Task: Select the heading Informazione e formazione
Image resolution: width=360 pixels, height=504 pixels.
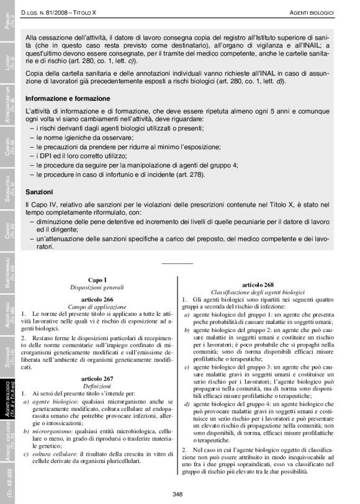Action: pyautogui.click(x=68, y=99)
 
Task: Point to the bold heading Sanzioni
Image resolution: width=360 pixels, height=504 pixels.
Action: pyautogui.click(x=39, y=192)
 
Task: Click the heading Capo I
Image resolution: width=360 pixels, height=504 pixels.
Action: pyautogui.click(x=97, y=280)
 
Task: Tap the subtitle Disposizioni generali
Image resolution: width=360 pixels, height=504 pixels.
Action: pyautogui.click(x=97, y=288)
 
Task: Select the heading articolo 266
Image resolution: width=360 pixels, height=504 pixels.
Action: pyautogui.click(x=97, y=300)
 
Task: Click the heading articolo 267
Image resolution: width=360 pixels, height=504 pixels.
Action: pyautogui.click(x=97, y=378)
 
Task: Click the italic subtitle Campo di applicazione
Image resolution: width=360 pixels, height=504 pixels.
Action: pyautogui.click(x=97, y=307)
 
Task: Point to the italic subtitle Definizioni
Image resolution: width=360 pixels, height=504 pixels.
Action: pyautogui.click(x=97, y=385)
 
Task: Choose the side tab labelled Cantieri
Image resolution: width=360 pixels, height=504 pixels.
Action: pyautogui.click(x=9, y=147)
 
